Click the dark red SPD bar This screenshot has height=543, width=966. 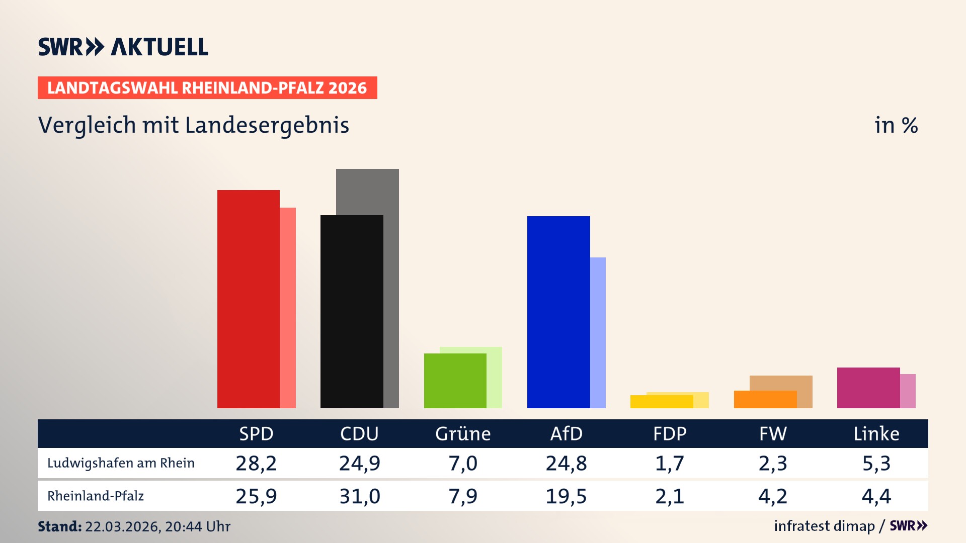click(248, 299)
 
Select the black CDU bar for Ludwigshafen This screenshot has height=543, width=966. click(352, 312)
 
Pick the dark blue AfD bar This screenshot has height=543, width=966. click(558, 312)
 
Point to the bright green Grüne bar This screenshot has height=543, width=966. click(455, 381)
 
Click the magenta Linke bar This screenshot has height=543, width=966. click(868, 388)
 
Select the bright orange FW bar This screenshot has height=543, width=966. click(765, 399)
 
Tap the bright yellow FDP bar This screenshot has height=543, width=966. click(661, 402)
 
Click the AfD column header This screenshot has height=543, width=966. click(566, 433)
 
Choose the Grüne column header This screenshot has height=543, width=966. click(463, 433)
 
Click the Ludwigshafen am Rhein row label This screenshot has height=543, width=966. click(121, 463)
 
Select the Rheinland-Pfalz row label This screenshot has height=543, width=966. click(96, 496)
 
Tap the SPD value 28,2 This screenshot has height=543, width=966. click(256, 463)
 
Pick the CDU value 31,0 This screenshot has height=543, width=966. click(359, 496)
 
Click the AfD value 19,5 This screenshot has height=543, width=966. click(566, 496)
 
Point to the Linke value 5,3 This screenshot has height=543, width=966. click(876, 463)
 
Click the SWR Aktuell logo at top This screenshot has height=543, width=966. click(123, 47)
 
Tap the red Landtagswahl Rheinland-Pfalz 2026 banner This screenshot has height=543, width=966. click(207, 88)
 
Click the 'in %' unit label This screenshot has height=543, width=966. click(896, 125)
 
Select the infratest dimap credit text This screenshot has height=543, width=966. click(824, 526)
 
